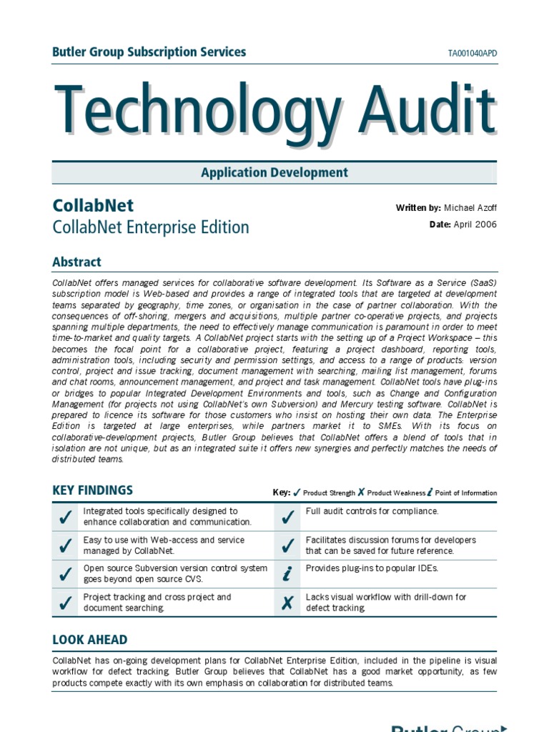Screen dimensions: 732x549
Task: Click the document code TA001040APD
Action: (x=472, y=54)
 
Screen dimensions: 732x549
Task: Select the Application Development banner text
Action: (x=274, y=172)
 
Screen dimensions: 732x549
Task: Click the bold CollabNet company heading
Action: (x=93, y=205)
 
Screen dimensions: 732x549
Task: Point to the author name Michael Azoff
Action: (x=470, y=208)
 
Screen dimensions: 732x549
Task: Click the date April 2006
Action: (x=473, y=224)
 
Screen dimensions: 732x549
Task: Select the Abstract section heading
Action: (x=76, y=262)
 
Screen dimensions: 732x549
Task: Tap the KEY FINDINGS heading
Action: (x=92, y=490)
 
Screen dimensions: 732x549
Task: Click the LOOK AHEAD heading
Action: (x=90, y=640)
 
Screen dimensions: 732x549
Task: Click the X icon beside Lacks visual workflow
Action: (x=287, y=603)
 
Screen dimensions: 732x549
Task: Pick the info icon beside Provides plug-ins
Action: (x=287, y=574)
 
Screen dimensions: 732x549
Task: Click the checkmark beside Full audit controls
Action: (x=287, y=517)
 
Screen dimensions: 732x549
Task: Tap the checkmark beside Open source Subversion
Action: (x=65, y=574)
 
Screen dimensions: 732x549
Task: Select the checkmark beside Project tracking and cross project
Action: (x=65, y=603)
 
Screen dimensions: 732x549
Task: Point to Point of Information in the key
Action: (x=465, y=493)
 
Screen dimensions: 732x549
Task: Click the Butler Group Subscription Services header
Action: (x=149, y=52)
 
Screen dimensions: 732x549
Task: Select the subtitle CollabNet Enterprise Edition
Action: (x=151, y=227)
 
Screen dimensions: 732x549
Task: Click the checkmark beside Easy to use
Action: (x=65, y=545)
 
